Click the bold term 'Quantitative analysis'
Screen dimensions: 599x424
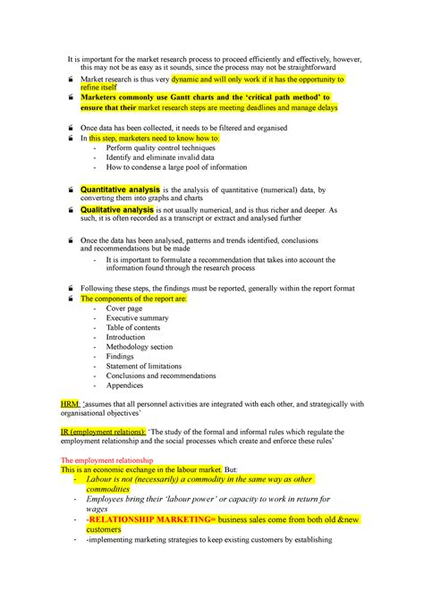coord(120,190)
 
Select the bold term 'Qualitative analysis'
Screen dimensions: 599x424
coord(117,209)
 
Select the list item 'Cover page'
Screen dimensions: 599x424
coord(124,308)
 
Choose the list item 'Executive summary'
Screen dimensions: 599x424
coord(137,318)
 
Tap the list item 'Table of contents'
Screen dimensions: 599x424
coord(134,328)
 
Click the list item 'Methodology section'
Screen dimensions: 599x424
coord(140,347)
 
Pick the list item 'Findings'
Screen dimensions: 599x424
coord(120,357)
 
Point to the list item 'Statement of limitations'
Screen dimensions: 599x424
coord(143,367)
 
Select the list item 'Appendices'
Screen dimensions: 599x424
coord(124,386)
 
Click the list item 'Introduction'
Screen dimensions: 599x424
coord(126,338)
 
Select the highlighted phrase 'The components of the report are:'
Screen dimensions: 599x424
coord(134,299)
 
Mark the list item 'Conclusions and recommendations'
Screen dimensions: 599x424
coord(161,376)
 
